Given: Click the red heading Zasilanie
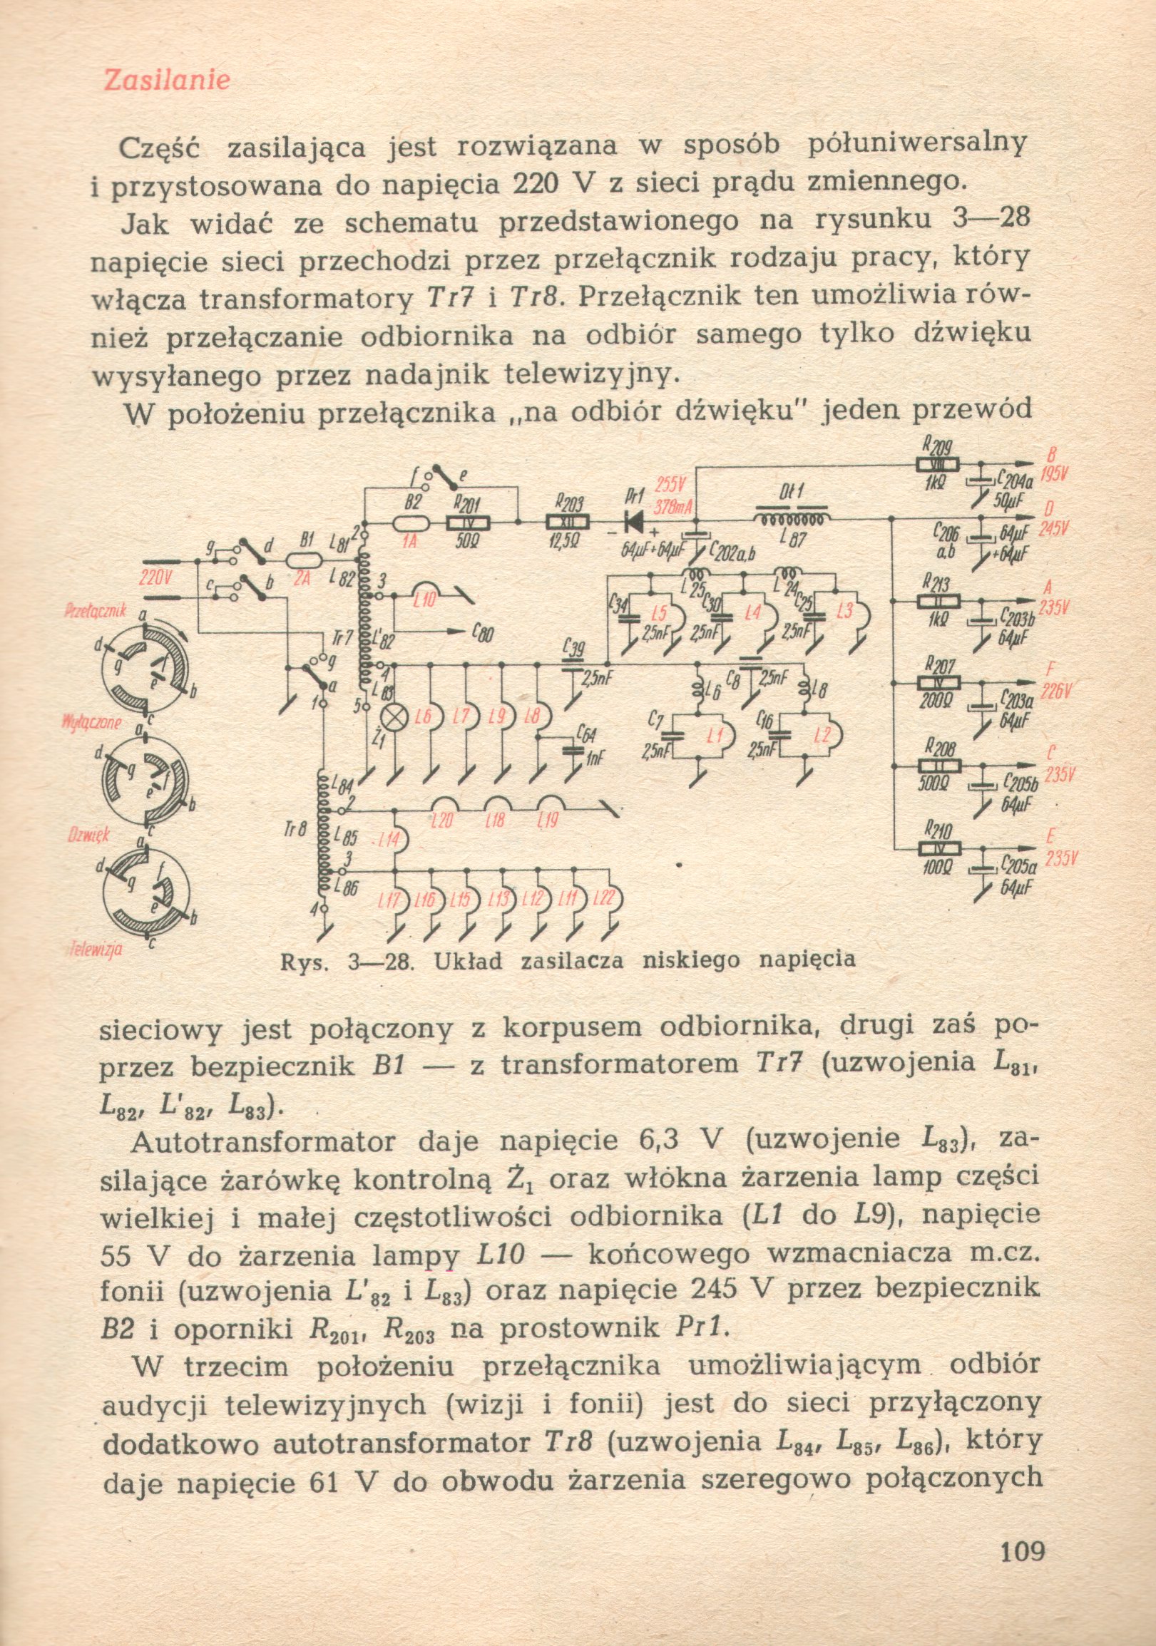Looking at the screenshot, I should tap(167, 80).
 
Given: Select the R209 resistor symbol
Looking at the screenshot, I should tap(938, 465).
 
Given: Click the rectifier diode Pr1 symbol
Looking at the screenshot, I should tap(633, 522).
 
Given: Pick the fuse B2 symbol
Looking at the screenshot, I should tap(414, 524).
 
